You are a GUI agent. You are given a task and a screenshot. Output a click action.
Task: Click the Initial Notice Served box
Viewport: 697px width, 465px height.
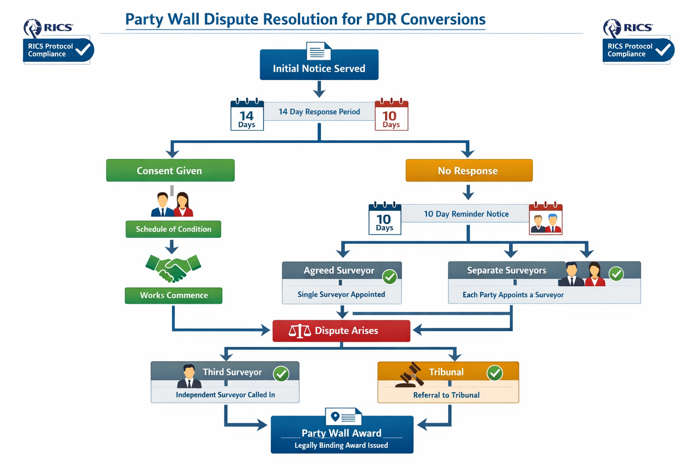click(319, 68)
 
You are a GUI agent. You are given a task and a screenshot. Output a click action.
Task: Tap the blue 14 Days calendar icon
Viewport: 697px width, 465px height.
click(247, 115)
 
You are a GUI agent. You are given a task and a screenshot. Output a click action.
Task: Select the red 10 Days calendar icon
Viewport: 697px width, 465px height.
click(391, 115)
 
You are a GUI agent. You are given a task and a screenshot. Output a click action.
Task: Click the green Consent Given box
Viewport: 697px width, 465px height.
click(170, 170)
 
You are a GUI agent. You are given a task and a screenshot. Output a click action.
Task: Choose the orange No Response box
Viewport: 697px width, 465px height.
click(469, 170)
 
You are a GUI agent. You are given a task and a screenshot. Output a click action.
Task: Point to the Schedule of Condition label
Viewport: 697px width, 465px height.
click(173, 229)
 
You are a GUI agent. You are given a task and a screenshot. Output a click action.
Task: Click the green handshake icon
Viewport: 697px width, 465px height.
click(173, 267)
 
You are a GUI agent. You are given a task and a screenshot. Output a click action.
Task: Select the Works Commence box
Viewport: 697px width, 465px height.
click(173, 295)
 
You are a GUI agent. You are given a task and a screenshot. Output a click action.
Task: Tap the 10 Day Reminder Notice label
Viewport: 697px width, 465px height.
click(466, 214)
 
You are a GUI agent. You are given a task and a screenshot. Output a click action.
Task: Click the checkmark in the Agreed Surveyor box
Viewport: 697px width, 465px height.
click(389, 276)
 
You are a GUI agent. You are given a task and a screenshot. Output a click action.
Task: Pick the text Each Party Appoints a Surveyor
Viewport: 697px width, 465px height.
click(513, 295)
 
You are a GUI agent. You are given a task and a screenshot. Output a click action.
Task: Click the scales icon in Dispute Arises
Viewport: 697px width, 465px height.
click(299, 331)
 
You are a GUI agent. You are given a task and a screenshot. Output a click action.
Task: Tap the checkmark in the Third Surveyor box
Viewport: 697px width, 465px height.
click(281, 374)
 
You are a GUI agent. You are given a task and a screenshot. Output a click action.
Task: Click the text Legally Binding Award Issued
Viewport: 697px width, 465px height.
click(341, 445)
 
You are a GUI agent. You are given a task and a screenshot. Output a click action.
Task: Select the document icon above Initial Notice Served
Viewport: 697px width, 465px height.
click(318, 51)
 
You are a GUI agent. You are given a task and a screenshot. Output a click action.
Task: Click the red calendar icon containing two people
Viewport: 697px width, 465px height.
click(545, 219)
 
